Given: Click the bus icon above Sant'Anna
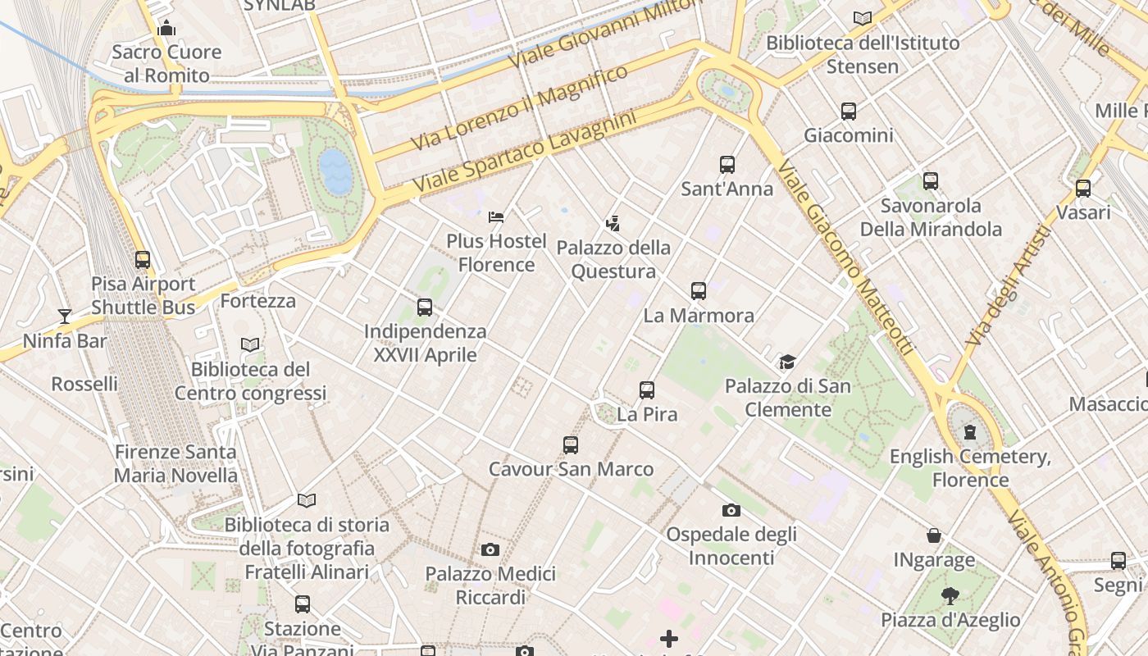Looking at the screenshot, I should point(727,165).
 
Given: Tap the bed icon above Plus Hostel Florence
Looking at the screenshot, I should point(496,217).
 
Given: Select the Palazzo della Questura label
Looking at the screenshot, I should point(613,259).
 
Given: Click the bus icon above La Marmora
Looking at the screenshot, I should point(699,291).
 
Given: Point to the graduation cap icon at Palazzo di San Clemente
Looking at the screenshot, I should point(787,362).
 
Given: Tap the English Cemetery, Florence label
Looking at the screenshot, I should point(970,468).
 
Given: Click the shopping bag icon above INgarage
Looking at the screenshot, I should point(934,536).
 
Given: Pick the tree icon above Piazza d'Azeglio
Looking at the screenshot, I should point(950,596).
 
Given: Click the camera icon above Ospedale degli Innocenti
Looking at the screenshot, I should point(731,511).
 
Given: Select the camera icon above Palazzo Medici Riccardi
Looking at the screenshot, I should point(490,549).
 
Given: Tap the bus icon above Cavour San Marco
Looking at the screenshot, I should point(571,445).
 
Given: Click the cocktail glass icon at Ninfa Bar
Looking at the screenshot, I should point(65,317).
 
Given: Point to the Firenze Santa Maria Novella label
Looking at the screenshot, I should point(175,463).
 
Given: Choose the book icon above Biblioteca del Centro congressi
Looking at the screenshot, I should point(250,345).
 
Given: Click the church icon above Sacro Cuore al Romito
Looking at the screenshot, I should point(167,29).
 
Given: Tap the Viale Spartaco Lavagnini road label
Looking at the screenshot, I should point(525,153).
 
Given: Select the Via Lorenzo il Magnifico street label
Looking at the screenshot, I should point(519,108).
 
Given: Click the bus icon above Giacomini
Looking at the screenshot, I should point(849,111).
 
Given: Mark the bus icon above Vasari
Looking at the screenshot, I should point(1083,189).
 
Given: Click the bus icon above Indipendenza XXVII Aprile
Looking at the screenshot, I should point(425,307).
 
